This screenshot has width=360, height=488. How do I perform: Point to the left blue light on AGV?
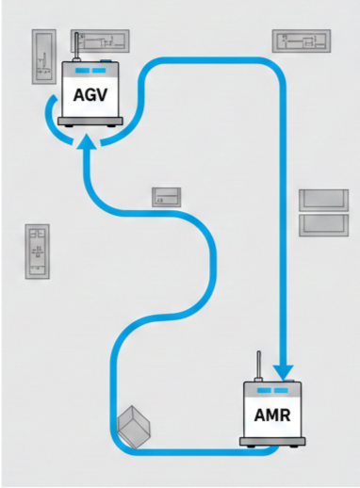pyautogui.click(x=81, y=72)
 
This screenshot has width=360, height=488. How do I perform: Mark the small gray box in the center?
pyautogui.click(x=168, y=197)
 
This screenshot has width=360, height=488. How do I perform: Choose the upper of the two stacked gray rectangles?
pyautogui.click(x=323, y=200)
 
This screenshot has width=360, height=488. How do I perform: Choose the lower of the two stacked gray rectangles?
pyautogui.click(x=323, y=223)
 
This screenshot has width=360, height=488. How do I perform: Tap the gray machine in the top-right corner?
pyautogui.click(x=302, y=41)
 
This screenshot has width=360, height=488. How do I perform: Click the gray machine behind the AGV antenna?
pyautogui.click(x=106, y=42)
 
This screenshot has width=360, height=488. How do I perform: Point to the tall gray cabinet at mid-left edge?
pyautogui.click(x=37, y=251)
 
